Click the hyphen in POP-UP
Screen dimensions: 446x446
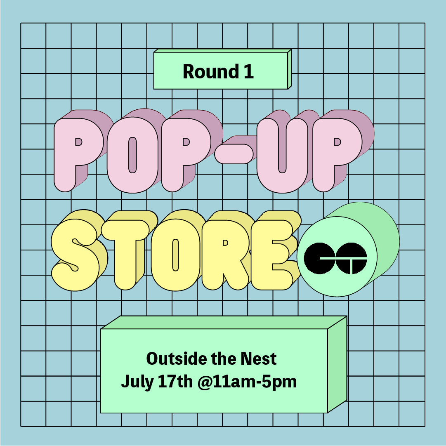[x=234, y=154]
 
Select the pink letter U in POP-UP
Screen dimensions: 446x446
[x=282, y=155]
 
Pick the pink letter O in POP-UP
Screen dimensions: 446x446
[x=132, y=155]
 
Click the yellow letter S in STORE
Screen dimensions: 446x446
[x=76, y=255]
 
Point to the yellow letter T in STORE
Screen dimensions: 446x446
[x=125, y=255]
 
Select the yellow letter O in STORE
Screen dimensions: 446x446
[x=175, y=255]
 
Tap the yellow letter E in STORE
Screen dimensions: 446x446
[x=271, y=255]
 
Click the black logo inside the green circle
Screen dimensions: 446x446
[x=335, y=258]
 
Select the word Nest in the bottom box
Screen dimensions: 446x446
[x=259, y=359]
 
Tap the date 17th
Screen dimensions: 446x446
[x=175, y=381]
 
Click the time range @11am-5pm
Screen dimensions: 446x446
[x=247, y=382]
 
